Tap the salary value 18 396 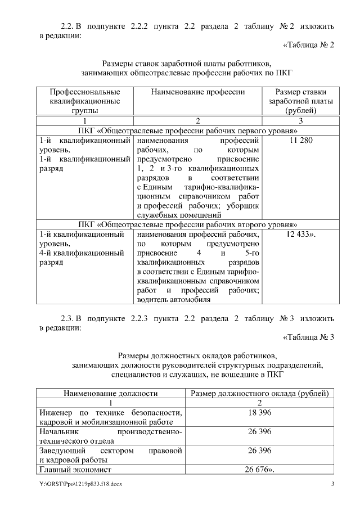point(259,413)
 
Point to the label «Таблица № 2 point(307,45)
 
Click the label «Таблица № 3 point(307,337)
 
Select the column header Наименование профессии point(197,92)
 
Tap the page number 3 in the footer point(332,485)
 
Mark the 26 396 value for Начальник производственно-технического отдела point(259,432)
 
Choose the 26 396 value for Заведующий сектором point(259,451)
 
